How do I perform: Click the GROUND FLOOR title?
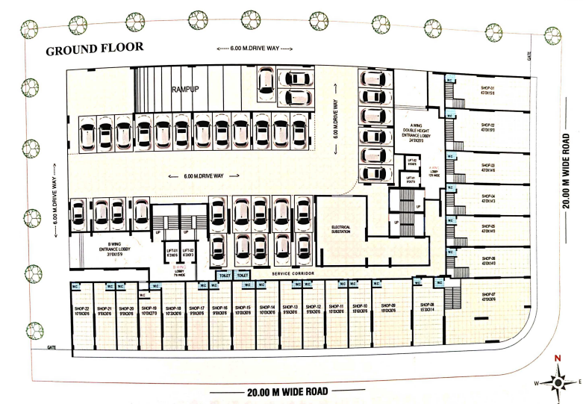tap(93, 51)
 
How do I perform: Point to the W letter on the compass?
tap(535, 383)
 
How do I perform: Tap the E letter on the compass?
tap(579, 382)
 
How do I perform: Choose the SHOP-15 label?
tap(243, 308)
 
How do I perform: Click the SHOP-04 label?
tap(488, 196)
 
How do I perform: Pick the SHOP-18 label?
tap(173, 308)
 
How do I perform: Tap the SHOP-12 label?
tap(314, 308)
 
